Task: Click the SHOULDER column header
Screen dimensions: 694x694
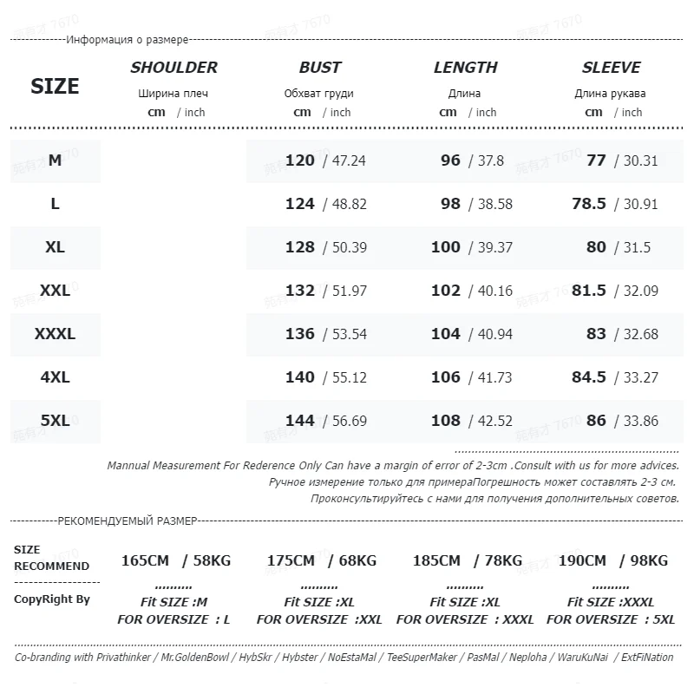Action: pyautogui.click(x=173, y=68)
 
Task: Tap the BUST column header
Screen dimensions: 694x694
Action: pyautogui.click(x=320, y=68)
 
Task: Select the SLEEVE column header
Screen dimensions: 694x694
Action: pyautogui.click(x=611, y=68)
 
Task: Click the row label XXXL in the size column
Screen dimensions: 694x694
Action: pyautogui.click(x=55, y=334)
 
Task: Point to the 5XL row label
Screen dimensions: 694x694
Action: pyautogui.click(x=55, y=421)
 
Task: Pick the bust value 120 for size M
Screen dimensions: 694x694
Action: pyautogui.click(x=299, y=160)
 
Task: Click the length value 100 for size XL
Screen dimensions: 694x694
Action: pyautogui.click(x=445, y=247)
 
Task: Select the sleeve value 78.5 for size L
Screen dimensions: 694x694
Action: pyautogui.click(x=588, y=204)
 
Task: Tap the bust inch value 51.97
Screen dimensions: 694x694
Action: pyautogui.click(x=349, y=291)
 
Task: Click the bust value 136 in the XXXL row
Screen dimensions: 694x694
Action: pyautogui.click(x=299, y=334)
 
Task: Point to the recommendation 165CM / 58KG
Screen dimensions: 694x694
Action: pyautogui.click(x=176, y=561)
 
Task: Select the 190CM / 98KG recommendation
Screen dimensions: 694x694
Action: pyautogui.click(x=612, y=561)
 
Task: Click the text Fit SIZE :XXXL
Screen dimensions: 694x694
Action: pyautogui.click(x=611, y=602)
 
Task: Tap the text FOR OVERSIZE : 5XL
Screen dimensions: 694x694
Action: pyautogui.click(x=611, y=619)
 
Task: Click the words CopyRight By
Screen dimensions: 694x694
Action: pyautogui.click(x=52, y=599)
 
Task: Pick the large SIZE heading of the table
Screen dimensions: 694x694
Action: pyautogui.click(x=55, y=86)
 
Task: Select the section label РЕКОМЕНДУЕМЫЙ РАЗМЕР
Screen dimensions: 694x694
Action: pyautogui.click(x=127, y=521)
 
